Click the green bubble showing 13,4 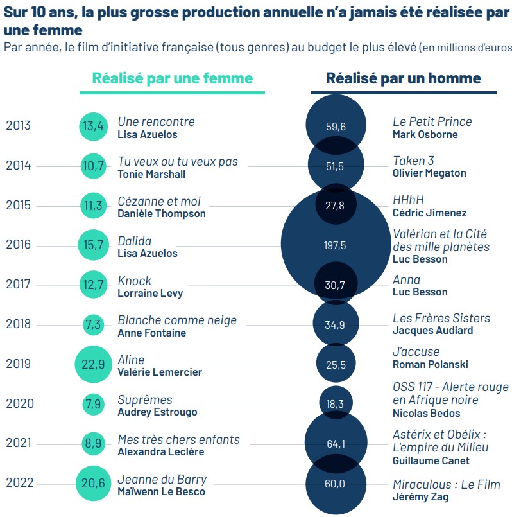point(94,127)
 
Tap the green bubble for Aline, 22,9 point(94,364)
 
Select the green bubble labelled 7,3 point(93,324)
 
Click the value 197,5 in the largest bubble point(336,245)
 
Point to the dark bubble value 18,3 point(336,404)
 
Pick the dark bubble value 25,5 point(336,364)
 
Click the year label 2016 point(18,245)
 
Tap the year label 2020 point(18,404)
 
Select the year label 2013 point(18,126)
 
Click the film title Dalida point(135,241)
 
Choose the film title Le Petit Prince point(432,121)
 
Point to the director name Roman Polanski point(430,364)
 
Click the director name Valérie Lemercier point(160,372)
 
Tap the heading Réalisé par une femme point(173,78)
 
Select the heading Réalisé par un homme point(403,78)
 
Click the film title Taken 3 point(413,161)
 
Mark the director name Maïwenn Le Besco point(161,491)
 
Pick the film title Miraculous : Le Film point(446,484)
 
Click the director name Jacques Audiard point(432,330)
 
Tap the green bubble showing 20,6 point(94,484)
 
